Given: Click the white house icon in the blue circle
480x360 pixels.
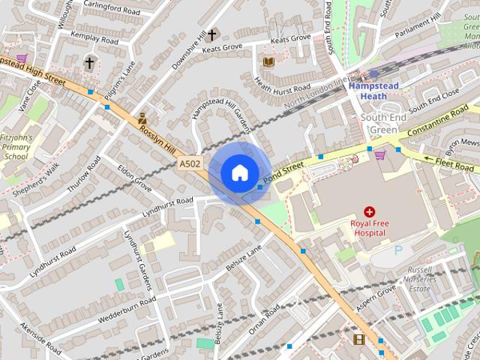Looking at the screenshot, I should click(239, 173).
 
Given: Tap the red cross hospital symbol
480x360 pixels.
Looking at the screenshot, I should click(369, 212).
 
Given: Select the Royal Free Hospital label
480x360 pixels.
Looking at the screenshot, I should click(367, 228).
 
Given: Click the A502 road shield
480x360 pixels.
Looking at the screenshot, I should click(189, 163).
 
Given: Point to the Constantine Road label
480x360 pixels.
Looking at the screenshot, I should click(439, 124).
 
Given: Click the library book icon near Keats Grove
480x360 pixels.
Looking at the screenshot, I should click(268, 61).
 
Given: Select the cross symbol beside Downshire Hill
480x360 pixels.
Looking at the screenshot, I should click(212, 35).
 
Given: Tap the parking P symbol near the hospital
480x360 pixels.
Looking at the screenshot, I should click(398, 250).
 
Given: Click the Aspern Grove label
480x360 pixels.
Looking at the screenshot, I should click(374, 298).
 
